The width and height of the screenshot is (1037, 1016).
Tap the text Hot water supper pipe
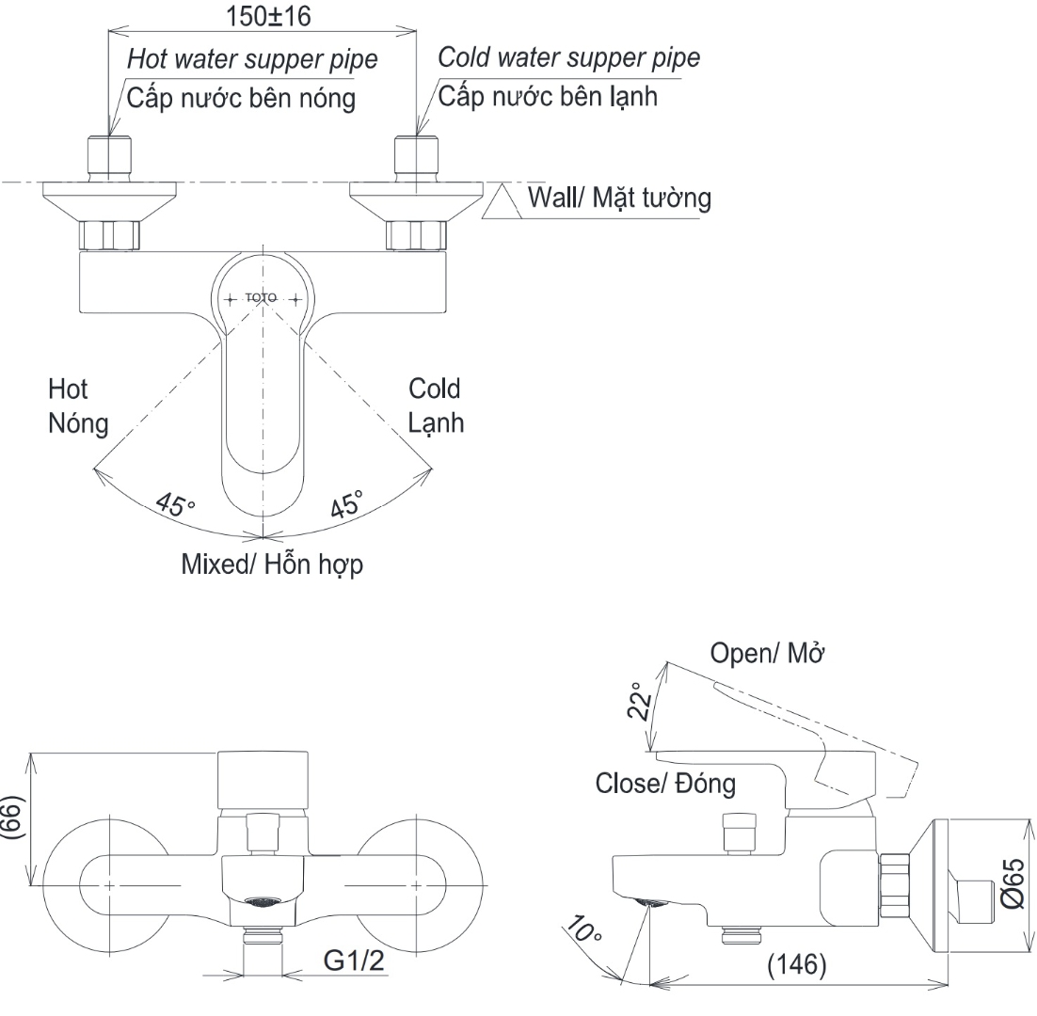click(251, 59)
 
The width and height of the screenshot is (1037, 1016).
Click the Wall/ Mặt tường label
click(618, 198)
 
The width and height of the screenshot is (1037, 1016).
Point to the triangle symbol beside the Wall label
click(503, 201)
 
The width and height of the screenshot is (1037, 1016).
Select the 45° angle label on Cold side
click(346, 505)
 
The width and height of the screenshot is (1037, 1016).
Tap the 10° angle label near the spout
click(586, 934)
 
